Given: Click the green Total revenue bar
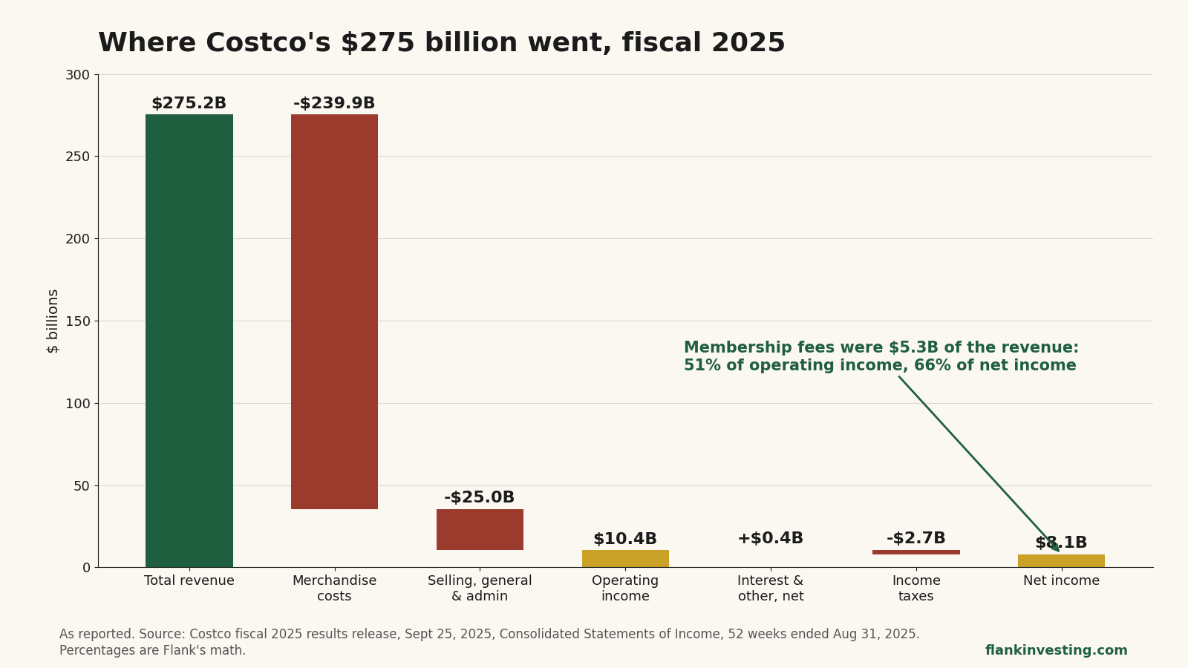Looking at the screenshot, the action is tap(189, 341).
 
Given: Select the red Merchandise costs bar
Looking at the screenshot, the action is tap(335, 312).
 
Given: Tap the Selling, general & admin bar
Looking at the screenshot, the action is tap(480, 530).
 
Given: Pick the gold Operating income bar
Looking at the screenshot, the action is tap(625, 559).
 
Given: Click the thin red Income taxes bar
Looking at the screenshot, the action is tap(916, 552).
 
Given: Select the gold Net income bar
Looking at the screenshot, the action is tap(1061, 561).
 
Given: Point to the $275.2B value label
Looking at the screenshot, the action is tap(189, 103).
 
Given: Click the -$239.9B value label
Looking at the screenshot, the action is tap(334, 103).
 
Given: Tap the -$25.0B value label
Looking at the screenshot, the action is tap(480, 497).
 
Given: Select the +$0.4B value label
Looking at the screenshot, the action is tap(771, 538).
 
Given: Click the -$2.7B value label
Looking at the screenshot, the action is tap(916, 538).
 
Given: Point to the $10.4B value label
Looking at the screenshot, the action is tap(625, 539).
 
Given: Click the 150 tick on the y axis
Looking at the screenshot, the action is tap(78, 321).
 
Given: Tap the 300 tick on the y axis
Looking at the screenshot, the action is tap(78, 75).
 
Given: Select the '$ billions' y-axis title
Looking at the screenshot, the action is tap(53, 321).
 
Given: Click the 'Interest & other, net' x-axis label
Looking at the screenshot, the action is tap(771, 589).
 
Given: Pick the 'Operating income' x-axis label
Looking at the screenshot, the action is tap(625, 589).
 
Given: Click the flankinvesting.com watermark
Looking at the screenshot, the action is tap(1057, 650).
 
